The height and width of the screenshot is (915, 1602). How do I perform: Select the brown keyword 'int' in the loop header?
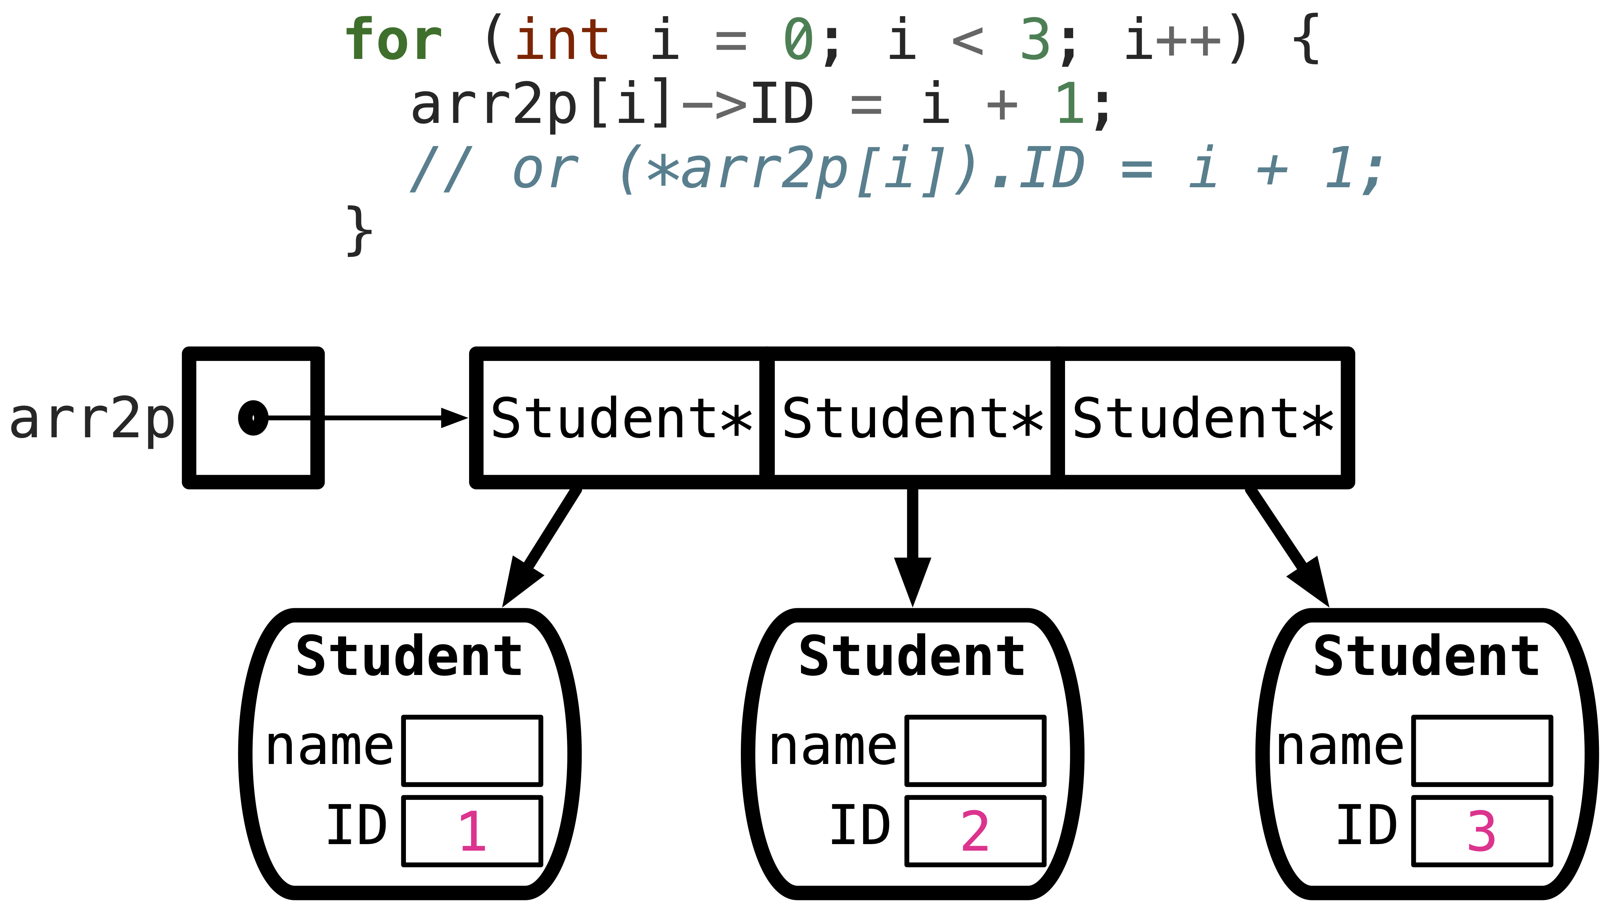(562, 40)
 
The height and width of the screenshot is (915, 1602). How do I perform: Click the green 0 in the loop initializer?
(798, 40)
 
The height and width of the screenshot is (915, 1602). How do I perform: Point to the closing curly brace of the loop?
(360, 231)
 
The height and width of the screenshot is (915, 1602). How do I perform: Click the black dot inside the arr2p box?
(253, 417)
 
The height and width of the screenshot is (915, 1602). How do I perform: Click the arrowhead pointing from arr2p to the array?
(454, 417)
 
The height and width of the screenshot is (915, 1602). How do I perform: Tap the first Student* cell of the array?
(621, 418)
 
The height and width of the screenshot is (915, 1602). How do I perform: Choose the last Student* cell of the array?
(1203, 418)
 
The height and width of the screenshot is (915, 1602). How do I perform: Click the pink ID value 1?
(472, 831)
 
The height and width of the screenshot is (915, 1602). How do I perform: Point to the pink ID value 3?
(1481, 831)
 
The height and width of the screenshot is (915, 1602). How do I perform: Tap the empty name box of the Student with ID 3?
(1482, 751)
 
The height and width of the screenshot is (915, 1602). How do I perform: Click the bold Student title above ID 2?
(912, 657)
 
